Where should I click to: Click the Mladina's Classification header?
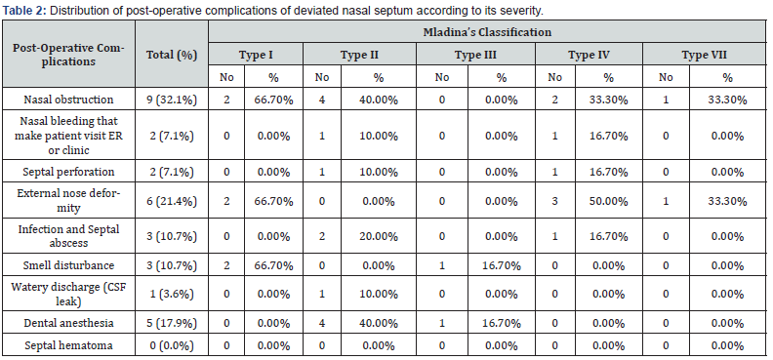(487, 32)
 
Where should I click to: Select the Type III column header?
(475, 55)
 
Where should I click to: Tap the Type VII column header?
(704, 55)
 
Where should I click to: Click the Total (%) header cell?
(172, 55)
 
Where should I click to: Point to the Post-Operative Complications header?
(68, 55)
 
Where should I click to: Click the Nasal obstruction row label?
(68, 100)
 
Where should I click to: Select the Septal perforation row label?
(68, 172)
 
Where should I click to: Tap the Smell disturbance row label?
(68, 265)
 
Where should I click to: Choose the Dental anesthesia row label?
(68, 323)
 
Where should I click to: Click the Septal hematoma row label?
(68, 345)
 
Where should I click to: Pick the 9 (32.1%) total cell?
(172, 100)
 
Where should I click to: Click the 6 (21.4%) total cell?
(172, 201)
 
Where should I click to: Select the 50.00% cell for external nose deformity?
(608, 201)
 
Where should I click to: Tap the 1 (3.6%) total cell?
(172, 295)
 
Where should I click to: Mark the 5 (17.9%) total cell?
(172, 323)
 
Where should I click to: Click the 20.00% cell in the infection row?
(378, 237)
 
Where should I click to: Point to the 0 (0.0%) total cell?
(172, 345)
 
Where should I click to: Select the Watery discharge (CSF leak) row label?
(68, 294)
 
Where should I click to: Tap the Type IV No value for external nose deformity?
(554, 201)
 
